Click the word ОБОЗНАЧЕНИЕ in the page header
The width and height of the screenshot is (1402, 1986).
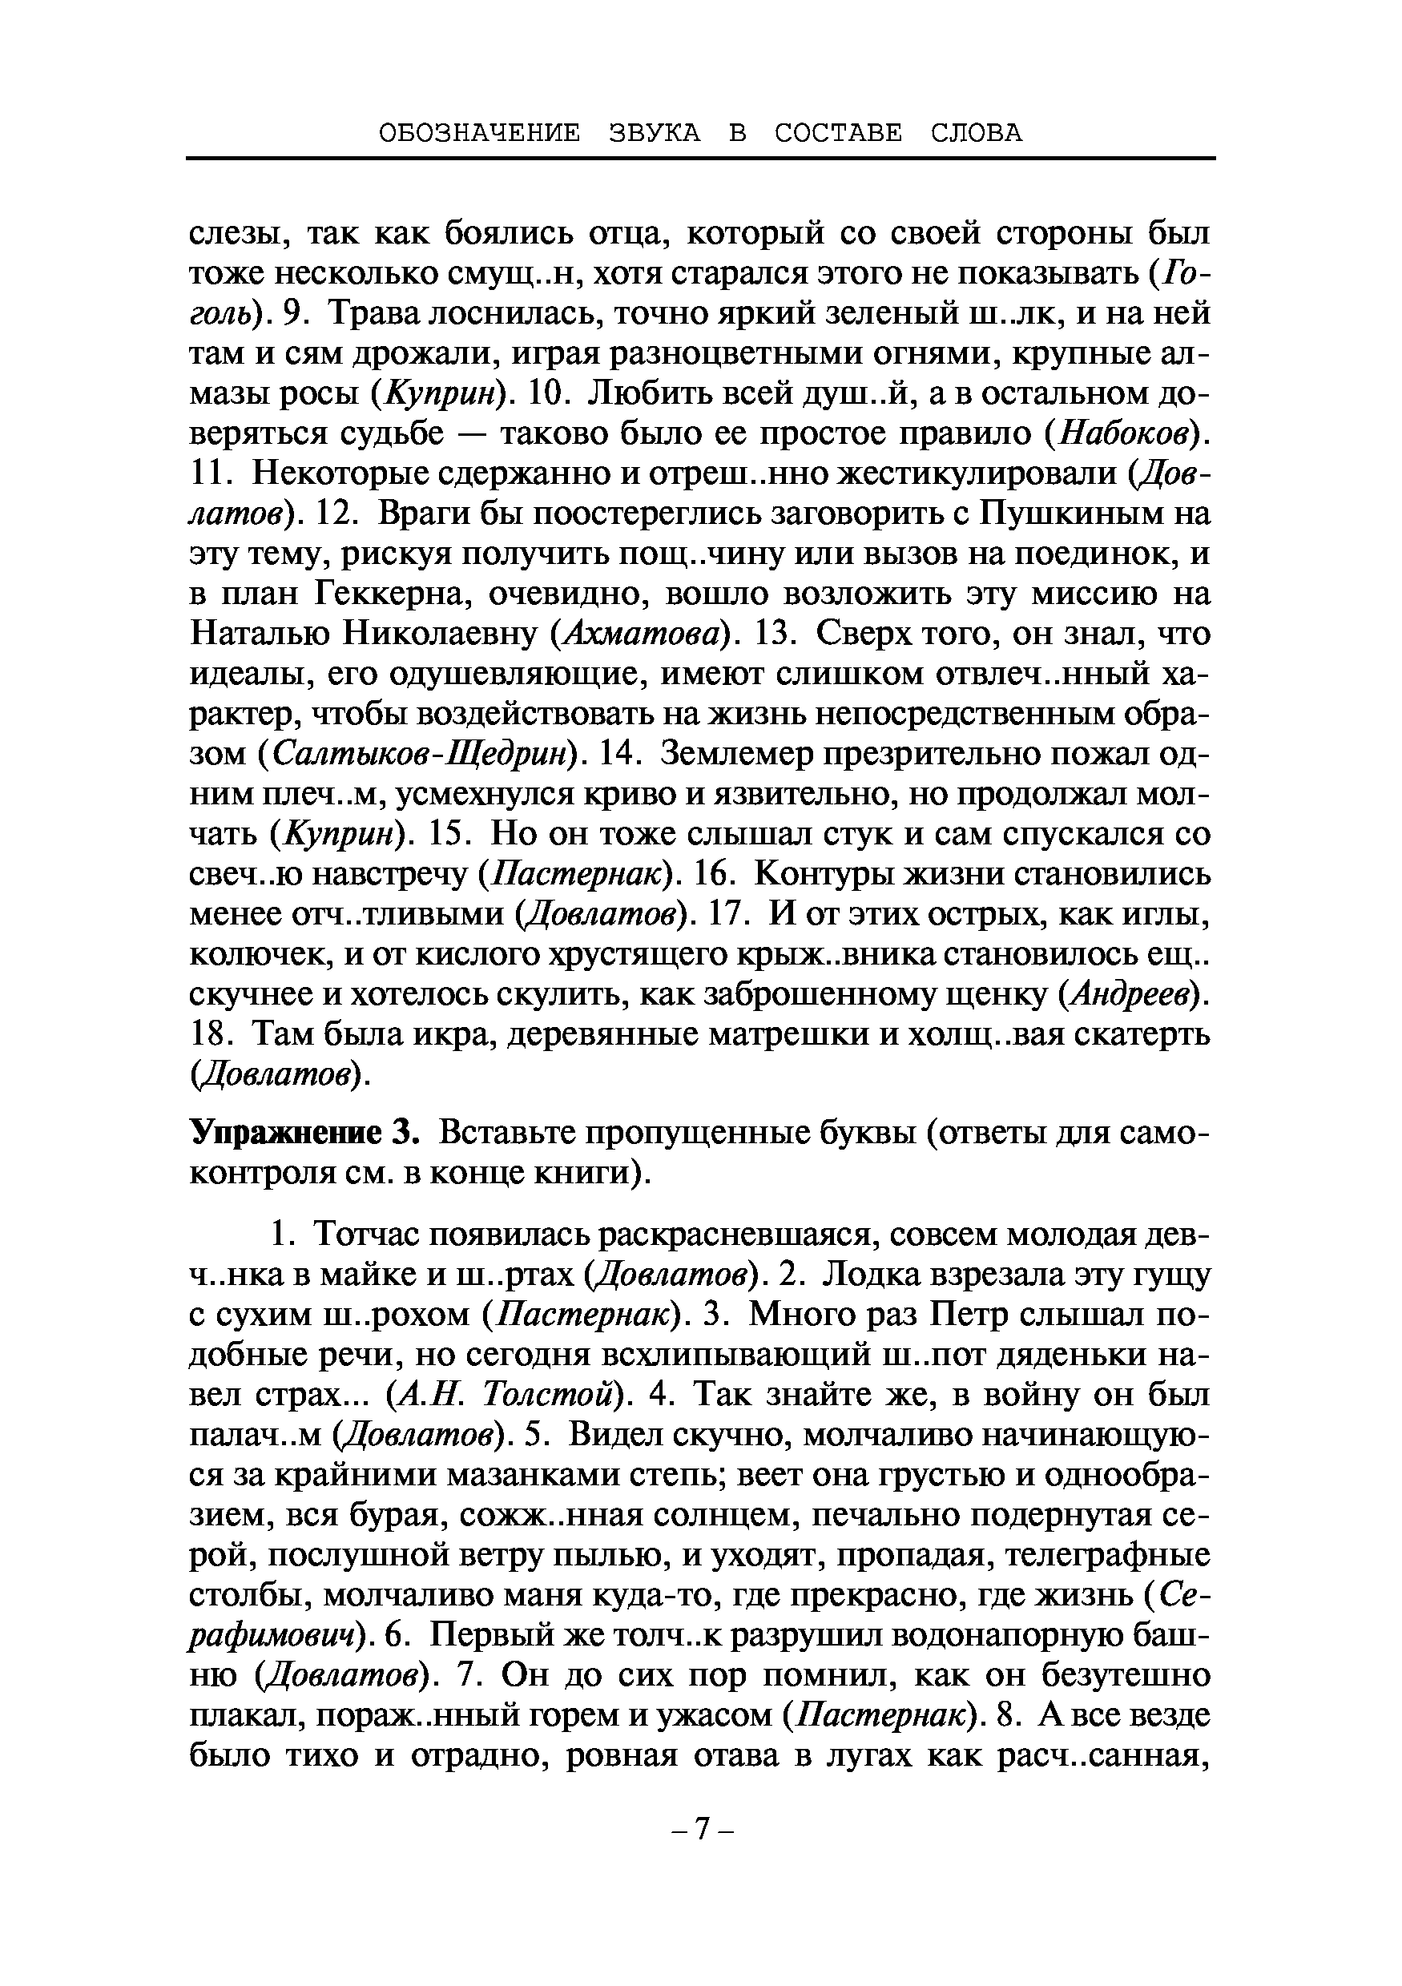click(480, 133)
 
